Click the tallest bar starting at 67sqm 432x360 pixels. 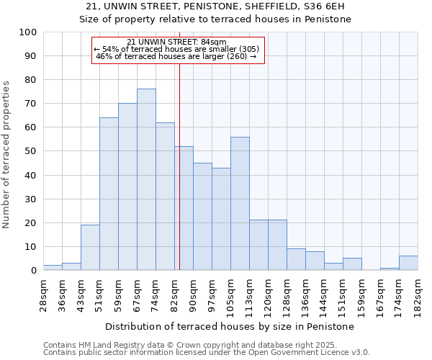click(146, 179)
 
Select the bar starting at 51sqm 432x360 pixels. click(109, 194)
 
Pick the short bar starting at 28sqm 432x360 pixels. click(53, 267)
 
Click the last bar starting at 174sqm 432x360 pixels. click(408, 263)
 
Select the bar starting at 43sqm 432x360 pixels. click(90, 247)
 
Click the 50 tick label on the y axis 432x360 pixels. click(30, 151)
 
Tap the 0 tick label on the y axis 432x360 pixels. click(33, 270)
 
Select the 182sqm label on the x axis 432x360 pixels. click(418, 296)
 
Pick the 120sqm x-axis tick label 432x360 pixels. click(269, 296)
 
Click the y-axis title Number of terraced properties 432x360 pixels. click(7, 154)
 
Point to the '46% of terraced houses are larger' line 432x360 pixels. click(176, 56)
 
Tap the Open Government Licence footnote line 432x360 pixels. click(206, 352)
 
